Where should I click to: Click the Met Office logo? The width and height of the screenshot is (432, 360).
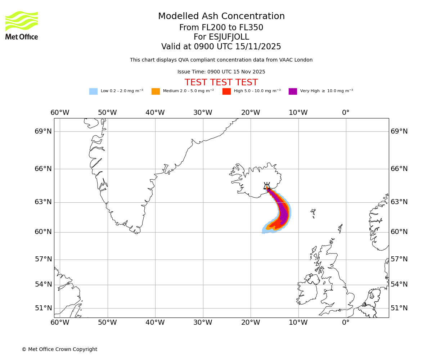22,25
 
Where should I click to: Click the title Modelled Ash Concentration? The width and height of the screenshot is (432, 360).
221,17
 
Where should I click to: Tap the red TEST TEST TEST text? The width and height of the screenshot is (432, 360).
221,82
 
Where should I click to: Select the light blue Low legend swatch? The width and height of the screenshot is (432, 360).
93,91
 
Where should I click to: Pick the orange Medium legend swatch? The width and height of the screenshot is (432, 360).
156,91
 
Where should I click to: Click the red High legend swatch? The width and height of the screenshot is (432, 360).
226,91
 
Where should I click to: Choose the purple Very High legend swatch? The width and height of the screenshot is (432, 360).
293,91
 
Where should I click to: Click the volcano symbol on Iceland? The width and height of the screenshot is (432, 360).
267,186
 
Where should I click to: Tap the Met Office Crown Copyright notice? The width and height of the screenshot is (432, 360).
59,349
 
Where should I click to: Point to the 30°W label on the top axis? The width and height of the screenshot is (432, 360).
203,113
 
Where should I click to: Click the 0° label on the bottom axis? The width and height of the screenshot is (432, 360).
346,322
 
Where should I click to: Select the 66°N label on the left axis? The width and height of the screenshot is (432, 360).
43,169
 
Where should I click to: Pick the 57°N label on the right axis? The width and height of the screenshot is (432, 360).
399,259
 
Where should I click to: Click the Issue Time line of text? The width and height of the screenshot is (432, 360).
221,72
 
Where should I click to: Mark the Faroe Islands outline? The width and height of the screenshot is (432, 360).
313,213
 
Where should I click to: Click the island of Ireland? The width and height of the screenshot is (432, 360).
308,290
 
